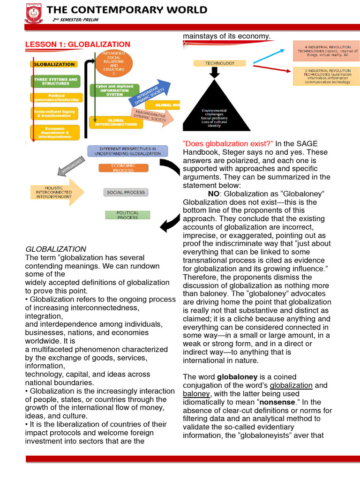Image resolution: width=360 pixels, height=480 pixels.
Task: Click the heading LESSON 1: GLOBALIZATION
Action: pyautogui.click(x=77, y=45)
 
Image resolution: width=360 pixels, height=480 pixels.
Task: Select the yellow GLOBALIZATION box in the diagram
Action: pyautogui.click(x=54, y=64)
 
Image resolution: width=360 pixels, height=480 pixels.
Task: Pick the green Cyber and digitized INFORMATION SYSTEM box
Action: pyautogui.click(x=115, y=90)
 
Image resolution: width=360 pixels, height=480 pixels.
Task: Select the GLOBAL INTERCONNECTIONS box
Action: pyautogui.click(x=116, y=122)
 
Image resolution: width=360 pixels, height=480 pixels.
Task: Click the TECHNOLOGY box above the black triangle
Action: pyautogui.click(x=214, y=63)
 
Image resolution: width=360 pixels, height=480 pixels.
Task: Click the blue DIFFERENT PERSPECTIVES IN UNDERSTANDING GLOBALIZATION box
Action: pyautogui.click(x=127, y=151)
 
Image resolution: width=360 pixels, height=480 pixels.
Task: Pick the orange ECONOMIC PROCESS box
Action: pyautogui.click(x=123, y=168)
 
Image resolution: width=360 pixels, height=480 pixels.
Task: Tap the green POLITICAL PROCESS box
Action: pyautogui.click(x=127, y=215)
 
